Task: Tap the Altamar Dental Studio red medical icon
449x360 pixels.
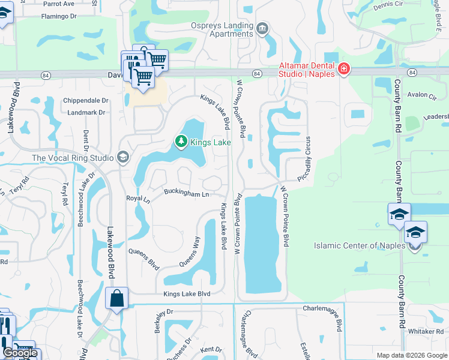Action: pos(343,69)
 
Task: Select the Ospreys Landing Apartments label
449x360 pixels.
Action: pos(222,29)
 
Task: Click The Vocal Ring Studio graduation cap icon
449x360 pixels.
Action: pos(123,157)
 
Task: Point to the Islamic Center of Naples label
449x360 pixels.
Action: pos(360,245)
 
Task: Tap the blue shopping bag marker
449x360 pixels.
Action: pos(116,298)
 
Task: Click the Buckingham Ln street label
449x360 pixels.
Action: pos(187,193)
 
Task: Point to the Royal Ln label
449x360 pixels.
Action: pos(137,197)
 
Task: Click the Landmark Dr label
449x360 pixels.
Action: pos(86,112)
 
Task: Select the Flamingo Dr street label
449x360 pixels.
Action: pos(59,16)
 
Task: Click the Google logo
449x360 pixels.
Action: pos(20,353)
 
